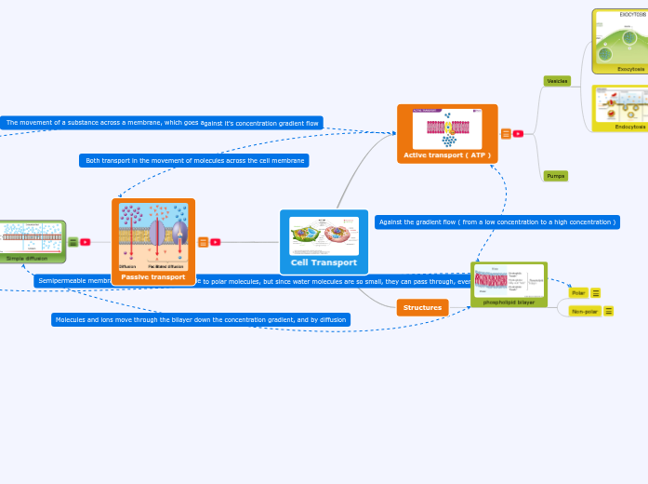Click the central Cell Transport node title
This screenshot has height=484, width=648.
pos(324,262)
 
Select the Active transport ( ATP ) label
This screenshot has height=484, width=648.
pos(447,155)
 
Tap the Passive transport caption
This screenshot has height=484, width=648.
pos(153,276)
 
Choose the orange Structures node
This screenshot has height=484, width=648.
pos(422,307)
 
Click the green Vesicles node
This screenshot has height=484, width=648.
pos(557,81)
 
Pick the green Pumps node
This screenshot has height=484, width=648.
pos(556,176)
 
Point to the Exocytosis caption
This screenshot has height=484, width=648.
pos(632,69)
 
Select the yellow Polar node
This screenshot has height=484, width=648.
pos(578,292)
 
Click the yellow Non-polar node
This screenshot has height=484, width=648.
pos(584,311)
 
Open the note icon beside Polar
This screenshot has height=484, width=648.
pos(596,292)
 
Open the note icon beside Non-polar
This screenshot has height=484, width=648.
pos(609,311)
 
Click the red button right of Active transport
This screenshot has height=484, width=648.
pos(518,133)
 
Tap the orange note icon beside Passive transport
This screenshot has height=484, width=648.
pos(203,242)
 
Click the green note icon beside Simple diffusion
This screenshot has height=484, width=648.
pos(73,242)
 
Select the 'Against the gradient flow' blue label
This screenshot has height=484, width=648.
pos(497,222)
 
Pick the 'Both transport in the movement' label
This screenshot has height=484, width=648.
pos(194,160)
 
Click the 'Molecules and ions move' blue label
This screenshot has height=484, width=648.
pos(201,319)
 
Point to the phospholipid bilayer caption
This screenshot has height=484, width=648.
pos(509,302)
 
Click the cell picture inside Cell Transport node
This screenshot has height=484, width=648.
pos(324,235)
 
